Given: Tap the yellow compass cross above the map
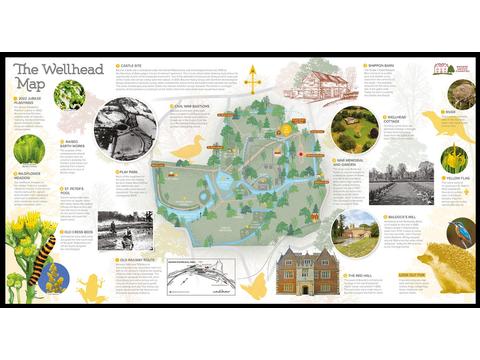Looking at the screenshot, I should [x=253, y=78].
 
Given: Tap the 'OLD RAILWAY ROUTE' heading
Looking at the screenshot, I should [x=151, y=259].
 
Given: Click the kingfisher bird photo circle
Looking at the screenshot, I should [x=459, y=233].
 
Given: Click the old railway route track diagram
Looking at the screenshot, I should [x=199, y=276].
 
